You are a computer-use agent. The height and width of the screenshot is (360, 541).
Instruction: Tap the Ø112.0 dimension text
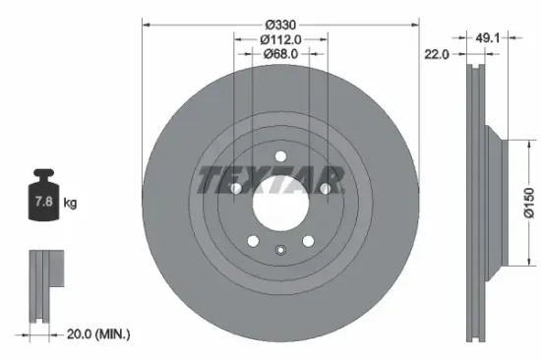(x=280, y=39)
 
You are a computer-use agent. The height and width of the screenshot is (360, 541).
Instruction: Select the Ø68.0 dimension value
(x=280, y=54)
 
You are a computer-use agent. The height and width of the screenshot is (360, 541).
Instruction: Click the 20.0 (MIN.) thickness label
(x=97, y=334)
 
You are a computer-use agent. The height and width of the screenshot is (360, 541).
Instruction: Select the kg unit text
(x=70, y=204)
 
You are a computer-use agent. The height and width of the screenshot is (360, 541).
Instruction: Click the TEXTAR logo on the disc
(x=271, y=180)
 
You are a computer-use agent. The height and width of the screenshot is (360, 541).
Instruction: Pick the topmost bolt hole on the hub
(x=280, y=156)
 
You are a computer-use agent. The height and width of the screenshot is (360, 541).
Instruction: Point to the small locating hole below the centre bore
(x=280, y=248)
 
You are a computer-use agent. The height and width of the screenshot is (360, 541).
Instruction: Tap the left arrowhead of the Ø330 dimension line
(x=146, y=22)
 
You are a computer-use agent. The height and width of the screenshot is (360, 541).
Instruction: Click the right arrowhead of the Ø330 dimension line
(x=416, y=22)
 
